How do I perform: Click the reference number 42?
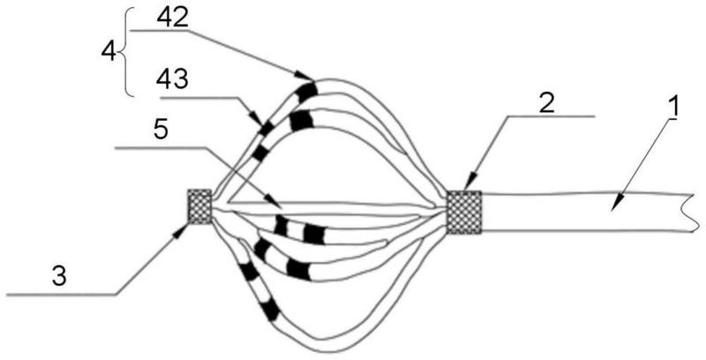click(172, 19)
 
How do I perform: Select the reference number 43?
click(172, 80)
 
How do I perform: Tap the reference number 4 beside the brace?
click(109, 52)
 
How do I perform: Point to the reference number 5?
click(161, 130)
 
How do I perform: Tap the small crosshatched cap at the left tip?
click(200, 206)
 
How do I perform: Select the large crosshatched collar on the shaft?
click(464, 213)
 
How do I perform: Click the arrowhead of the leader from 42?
click(304, 76)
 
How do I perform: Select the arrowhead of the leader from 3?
click(183, 230)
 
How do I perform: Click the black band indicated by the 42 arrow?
click(307, 92)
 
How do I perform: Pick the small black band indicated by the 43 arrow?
click(267, 129)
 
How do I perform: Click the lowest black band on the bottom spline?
click(269, 311)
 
